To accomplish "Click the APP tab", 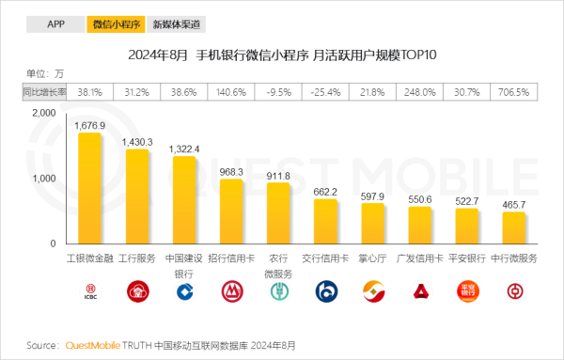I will [x=55, y=24].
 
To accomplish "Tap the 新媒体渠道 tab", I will [x=176, y=24].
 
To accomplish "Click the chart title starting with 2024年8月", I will [x=282, y=55].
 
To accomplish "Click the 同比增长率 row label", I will [x=44, y=92].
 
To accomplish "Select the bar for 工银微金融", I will [x=90, y=188].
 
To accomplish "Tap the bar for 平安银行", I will [x=466, y=227].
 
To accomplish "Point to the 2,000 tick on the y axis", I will [x=44, y=113].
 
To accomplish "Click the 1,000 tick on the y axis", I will [x=44, y=179].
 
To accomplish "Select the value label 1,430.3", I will [x=137, y=141].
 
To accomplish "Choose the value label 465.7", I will [x=514, y=204].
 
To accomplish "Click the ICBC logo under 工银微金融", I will [x=90, y=293].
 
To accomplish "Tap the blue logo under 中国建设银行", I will [x=184, y=293].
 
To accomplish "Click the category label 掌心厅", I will [x=372, y=257].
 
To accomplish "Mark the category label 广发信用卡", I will [x=419, y=257].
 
